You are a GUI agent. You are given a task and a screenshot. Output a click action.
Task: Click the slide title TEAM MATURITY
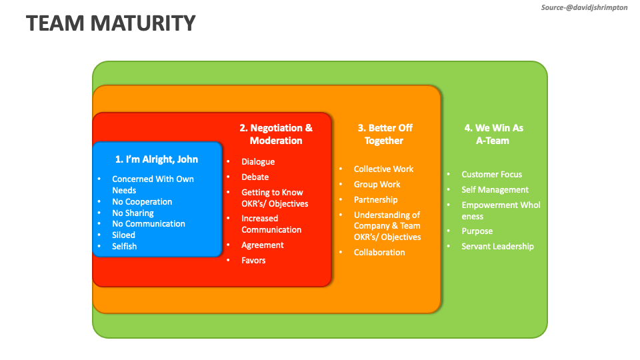point(111,23)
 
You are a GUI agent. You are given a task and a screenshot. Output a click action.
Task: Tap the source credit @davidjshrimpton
point(583,7)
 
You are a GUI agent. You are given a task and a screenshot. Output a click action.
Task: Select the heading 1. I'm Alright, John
point(157,159)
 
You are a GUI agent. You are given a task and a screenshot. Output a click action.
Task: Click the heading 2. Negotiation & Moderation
point(276,134)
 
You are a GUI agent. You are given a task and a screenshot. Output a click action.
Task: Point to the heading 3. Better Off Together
point(385,134)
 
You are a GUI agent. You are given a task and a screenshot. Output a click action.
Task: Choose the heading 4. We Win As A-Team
point(493,134)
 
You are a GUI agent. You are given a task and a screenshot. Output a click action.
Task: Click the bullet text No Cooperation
point(142,202)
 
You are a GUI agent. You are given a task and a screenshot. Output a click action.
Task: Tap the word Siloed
point(123,235)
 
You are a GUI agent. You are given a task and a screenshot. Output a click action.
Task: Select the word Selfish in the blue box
point(124,247)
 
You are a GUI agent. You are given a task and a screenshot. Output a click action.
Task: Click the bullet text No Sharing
point(133,213)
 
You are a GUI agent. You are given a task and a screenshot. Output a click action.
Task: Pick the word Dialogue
point(258,162)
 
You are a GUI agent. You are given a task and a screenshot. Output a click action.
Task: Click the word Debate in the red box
point(255,177)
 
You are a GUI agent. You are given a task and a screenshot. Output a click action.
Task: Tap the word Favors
point(253,261)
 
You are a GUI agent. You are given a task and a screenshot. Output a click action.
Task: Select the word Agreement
point(263,245)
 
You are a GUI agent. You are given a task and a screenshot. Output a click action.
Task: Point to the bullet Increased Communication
point(271,224)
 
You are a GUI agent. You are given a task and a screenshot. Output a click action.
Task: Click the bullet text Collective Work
point(383,169)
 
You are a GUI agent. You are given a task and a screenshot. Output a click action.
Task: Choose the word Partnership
point(375,200)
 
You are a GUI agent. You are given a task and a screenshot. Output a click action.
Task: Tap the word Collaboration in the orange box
point(379,253)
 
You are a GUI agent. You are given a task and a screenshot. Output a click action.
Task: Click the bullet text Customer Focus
point(492,175)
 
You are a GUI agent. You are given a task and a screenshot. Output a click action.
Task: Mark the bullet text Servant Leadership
point(497,247)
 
